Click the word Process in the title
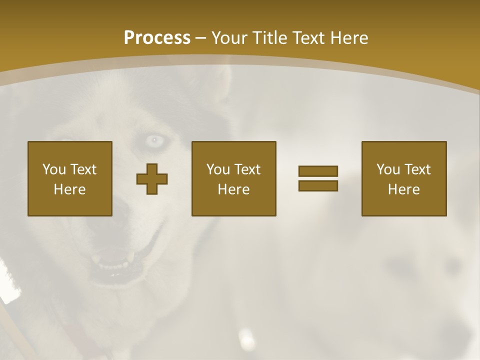(157, 38)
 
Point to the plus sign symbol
(152, 178)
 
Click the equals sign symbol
(318, 178)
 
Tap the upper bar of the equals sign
(318, 171)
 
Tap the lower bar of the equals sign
(318, 185)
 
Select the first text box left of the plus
(70, 178)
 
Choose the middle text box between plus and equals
(234, 178)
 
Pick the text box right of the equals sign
(404, 178)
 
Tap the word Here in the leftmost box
(70, 189)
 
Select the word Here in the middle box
(234, 189)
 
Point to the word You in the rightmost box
(388, 169)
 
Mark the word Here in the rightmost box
(404, 189)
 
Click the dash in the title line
(200, 38)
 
